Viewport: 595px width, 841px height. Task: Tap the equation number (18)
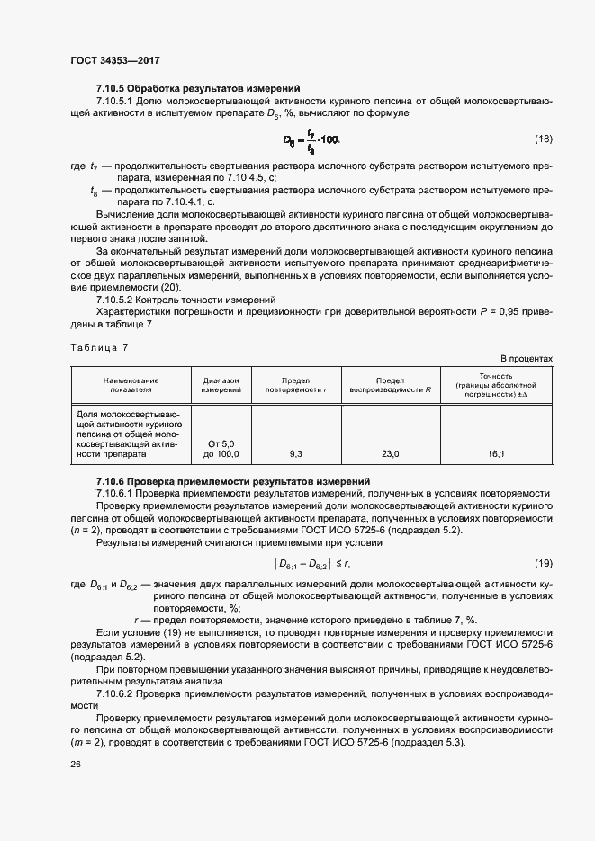543,139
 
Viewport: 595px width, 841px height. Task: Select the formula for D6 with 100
311,139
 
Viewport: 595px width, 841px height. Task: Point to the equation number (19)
543,563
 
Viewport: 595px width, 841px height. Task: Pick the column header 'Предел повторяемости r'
297,386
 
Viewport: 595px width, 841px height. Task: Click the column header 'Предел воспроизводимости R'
390,386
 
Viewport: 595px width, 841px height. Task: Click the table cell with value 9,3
297,454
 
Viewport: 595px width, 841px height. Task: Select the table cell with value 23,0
390,454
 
